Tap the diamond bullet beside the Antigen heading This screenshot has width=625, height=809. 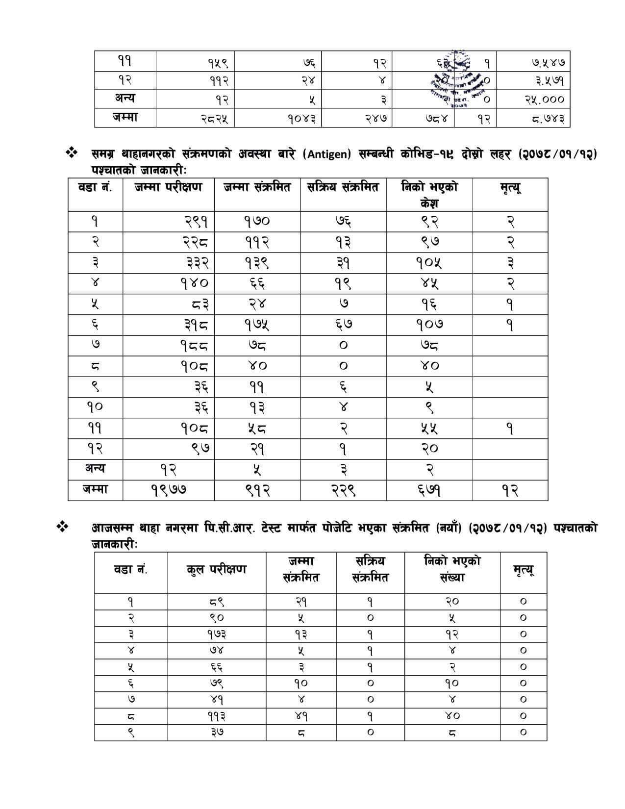click(72, 153)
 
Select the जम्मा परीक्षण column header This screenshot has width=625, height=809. click(168, 187)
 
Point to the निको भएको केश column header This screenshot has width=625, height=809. click(429, 194)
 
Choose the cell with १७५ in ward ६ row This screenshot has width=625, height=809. click(257, 325)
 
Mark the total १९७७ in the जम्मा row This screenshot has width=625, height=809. click(168, 490)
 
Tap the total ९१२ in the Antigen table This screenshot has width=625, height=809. click(257, 490)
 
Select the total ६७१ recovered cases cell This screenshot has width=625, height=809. click(429, 490)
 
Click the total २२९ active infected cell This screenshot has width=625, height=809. click(343, 490)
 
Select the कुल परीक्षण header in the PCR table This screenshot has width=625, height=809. click(216, 570)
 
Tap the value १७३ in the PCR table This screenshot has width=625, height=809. click(216, 634)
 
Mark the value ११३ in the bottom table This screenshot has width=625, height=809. click(216, 716)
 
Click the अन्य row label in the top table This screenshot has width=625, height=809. click(125, 98)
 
